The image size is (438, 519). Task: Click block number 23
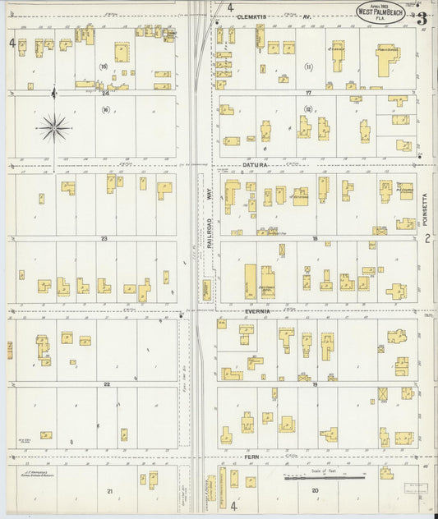(104, 238)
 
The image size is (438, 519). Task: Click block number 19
(314, 384)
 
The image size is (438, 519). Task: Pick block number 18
(314, 238)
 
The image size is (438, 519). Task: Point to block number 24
(105, 93)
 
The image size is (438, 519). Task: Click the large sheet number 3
(421, 17)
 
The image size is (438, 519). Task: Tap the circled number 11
(308, 67)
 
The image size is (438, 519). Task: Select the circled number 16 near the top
(104, 67)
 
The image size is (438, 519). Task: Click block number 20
(314, 490)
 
